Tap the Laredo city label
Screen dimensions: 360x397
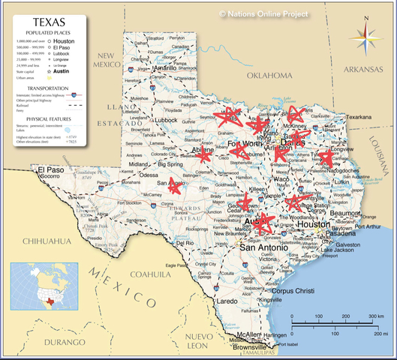pos(227,301)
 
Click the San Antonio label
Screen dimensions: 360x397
pos(262,247)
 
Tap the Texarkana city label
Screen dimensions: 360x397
pos(358,117)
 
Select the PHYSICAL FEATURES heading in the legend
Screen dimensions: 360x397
pos(47,118)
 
